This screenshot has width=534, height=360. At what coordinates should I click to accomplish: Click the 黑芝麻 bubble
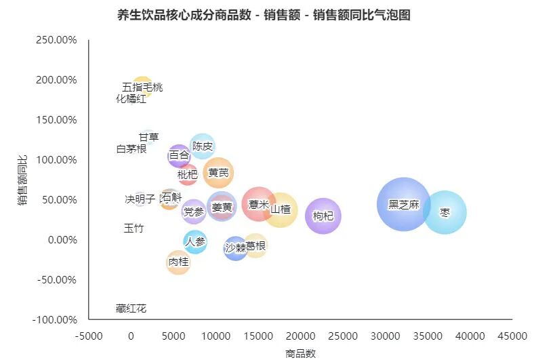click(404, 204)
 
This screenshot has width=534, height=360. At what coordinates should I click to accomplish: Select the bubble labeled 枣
click(445, 212)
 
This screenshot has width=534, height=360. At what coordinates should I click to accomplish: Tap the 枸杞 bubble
click(323, 216)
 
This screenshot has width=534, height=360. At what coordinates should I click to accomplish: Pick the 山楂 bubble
click(280, 209)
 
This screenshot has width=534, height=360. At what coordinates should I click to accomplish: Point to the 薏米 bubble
click(259, 204)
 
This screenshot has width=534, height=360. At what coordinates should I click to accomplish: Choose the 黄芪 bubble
click(218, 173)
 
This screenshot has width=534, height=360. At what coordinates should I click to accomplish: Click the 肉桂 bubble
click(178, 262)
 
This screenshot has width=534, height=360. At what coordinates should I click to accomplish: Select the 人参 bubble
click(195, 241)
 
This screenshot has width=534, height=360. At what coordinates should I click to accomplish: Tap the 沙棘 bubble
click(235, 247)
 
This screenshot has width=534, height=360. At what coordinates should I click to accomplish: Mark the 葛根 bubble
click(255, 245)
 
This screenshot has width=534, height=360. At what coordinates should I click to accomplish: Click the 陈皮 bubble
click(203, 146)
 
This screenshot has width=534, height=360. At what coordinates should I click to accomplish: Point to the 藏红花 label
click(131, 308)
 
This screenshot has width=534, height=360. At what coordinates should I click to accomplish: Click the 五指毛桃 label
click(142, 87)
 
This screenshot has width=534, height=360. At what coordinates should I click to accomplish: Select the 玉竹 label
click(133, 228)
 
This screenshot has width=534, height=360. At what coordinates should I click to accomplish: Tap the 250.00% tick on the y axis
click(57, 40)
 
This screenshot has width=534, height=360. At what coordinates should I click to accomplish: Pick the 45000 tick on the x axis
click(512, 336)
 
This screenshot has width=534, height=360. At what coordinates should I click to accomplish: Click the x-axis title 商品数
click(300, 353)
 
